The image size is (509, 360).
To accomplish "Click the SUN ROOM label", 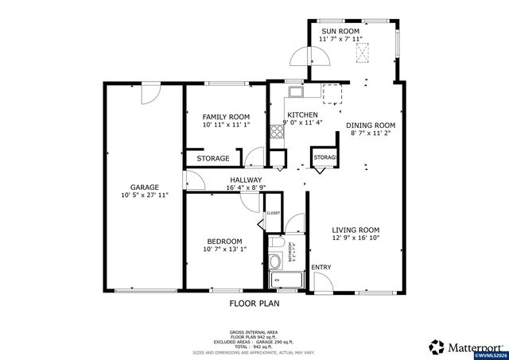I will coord(340,31).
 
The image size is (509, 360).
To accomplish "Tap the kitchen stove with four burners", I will coord(278,133).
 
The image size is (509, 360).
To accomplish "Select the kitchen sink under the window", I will coord(295,90).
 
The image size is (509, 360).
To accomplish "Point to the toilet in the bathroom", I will coord(276,244).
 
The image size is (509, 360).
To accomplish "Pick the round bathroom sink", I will coord(275,261).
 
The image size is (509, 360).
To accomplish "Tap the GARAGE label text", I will coord(144,188).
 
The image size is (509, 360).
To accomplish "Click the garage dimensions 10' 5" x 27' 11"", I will coord(144,195).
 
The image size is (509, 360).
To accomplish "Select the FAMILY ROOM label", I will coord(226,117).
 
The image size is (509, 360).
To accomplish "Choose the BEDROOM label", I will coord(225,241).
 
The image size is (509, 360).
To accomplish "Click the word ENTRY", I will coord(321,267).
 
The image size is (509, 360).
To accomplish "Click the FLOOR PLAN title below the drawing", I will coord(254,303).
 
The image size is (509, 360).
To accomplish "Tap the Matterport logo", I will coord(466,346).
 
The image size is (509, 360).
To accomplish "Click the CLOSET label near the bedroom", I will coord(273,213).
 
